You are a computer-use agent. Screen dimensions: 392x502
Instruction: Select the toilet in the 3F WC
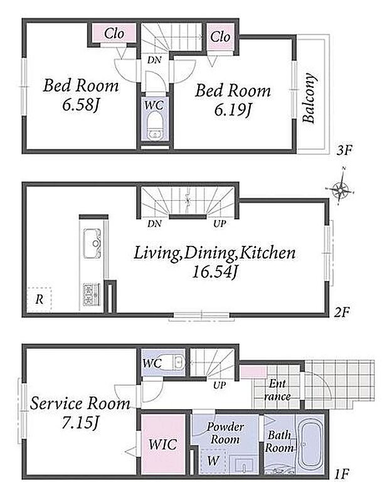(x=154, y=127)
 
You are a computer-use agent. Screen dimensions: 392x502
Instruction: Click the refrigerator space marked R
(x=39, y=299)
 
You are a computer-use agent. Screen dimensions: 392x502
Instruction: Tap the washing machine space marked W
(x=213, y=461)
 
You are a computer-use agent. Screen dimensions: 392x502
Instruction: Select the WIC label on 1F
(x=162, y=445)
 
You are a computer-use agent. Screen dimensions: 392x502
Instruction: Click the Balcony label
(x=309, y=98)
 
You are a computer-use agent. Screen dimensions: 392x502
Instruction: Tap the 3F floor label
(x=344, y=150)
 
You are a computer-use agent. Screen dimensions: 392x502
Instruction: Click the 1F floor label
(x=341, y=474)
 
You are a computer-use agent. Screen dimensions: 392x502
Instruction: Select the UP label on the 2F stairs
(x=220, y=223)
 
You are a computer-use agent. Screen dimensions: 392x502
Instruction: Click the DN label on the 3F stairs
(x=154, y=60)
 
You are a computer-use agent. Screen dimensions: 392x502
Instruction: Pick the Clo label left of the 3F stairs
(x=114, y=34)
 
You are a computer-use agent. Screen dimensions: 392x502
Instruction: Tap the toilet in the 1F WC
(x=174, y=362)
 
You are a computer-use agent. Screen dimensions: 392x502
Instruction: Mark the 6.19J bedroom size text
(x=232, y=110)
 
